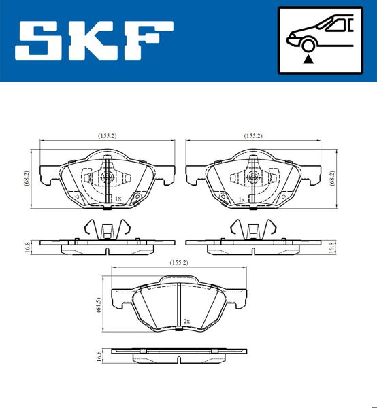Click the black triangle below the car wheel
pyautogui.click(x=308, y=59)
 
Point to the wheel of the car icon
pyautogui.click(x=308, y=46)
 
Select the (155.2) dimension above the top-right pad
pyautogui.click(x=252, y=136)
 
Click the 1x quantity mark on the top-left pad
pyautogui.click(x=118, y=199)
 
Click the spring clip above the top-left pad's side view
pyautogui.click(x=105, y=230)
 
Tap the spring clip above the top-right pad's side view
pyautogui.click(x=252, y=230)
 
